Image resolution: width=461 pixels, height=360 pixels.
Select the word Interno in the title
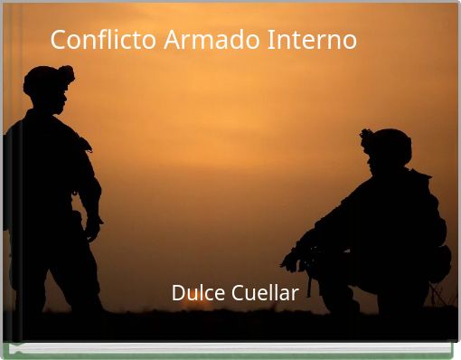pos(312,41)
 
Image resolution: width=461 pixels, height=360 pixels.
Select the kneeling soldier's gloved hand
pos(292,260)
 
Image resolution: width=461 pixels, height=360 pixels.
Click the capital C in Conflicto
pos(59,41)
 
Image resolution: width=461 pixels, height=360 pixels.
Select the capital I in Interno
pos(269,41)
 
